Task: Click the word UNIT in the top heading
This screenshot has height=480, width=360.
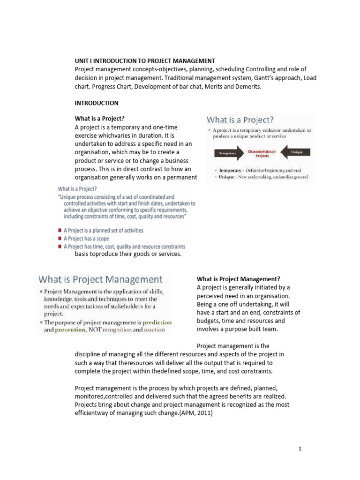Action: click(82, 61)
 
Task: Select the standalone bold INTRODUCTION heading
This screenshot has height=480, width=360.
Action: click(97, 103)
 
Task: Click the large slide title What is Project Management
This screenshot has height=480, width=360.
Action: click(100, 279)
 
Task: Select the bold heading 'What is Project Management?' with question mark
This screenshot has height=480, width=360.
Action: click(238, 279)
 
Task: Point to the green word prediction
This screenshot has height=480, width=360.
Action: click(157, 322)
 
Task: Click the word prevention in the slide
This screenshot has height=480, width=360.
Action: click(67, 330)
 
